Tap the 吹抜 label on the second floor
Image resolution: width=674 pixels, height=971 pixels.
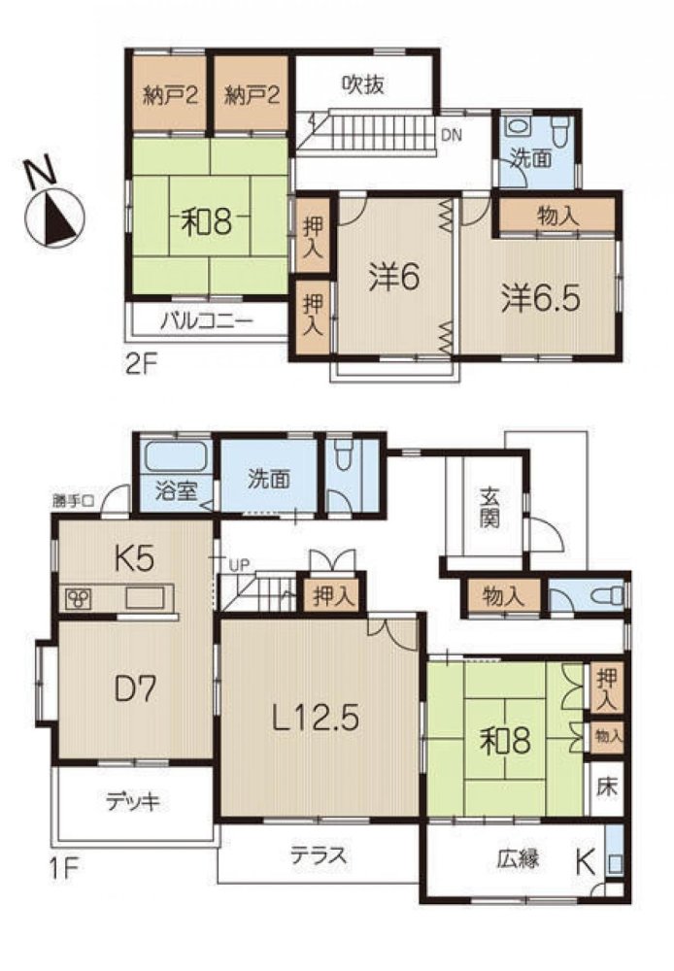click(x=363, y=84)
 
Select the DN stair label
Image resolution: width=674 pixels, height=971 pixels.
click(x=451, y=135)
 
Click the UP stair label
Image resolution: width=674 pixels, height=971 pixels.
click(x=238, y=564)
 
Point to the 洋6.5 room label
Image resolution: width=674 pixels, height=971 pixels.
click(x=540, y=298)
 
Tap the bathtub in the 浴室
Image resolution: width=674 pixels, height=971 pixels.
click(x=176, y=457)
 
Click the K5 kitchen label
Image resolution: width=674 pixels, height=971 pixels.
click(x=134, y=558)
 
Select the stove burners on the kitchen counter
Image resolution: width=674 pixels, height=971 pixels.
click(x=79, y=598)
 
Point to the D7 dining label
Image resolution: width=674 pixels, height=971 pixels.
click(x=136, y=688)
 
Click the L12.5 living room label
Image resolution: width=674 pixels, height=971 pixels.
click(x=316, y=719)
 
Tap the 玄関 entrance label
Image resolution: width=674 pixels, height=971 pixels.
click(x=489, y=509)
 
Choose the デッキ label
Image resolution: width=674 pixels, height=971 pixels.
click(x=133, y=802)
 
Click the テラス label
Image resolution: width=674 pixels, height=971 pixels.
click(x=319, y=855)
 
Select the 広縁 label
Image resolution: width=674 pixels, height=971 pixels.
click(x=518, y=859)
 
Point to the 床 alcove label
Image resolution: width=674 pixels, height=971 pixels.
click(x=607, y=787)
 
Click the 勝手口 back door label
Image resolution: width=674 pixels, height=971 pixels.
click(x=73, y=502)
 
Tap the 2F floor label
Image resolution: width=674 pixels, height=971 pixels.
click(x=141, y=364)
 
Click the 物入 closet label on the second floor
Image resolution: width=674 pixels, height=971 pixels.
click(x=558, y=217)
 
